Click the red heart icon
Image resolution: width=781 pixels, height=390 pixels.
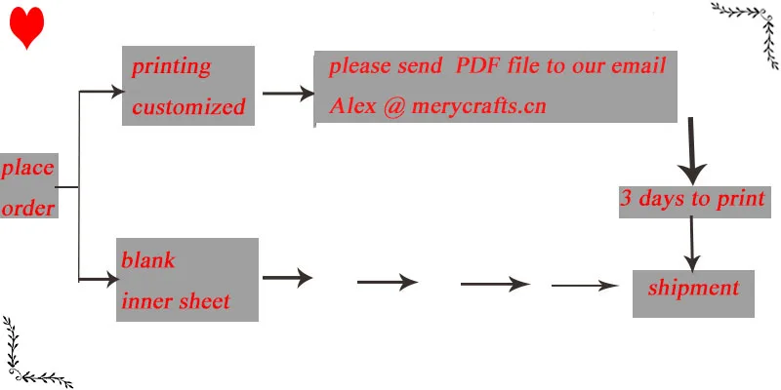click(x=27, y=27)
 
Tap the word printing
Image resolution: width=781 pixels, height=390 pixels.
click(x=171, y=67)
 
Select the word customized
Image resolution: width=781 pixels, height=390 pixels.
click(x=188, y=106)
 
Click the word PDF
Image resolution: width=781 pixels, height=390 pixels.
click(x=477, y=65)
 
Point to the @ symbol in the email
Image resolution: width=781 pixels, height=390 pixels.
click(x=394, y=106)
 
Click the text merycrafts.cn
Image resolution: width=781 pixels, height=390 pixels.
click(x=478, y=106)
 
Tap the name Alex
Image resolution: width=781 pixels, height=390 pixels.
click(x=352, y=106)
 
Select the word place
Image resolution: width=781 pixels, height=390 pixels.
click(x=27, y=169)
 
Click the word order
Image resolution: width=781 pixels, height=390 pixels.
click(x=28, y=208)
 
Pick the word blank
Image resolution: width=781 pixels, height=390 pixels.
click(x=148, y=259)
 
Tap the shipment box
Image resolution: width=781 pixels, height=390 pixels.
click(x=693, y=293)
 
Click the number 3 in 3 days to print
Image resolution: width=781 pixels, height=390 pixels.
click(x=627, y=199)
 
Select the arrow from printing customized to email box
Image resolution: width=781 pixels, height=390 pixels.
click(x=288, y=93)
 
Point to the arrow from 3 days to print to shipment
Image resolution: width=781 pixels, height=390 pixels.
click(x=692, y=244)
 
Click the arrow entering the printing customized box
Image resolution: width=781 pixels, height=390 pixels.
click(x=102, y=91)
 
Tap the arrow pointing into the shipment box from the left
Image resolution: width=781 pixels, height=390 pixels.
click(x=585, y=286)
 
